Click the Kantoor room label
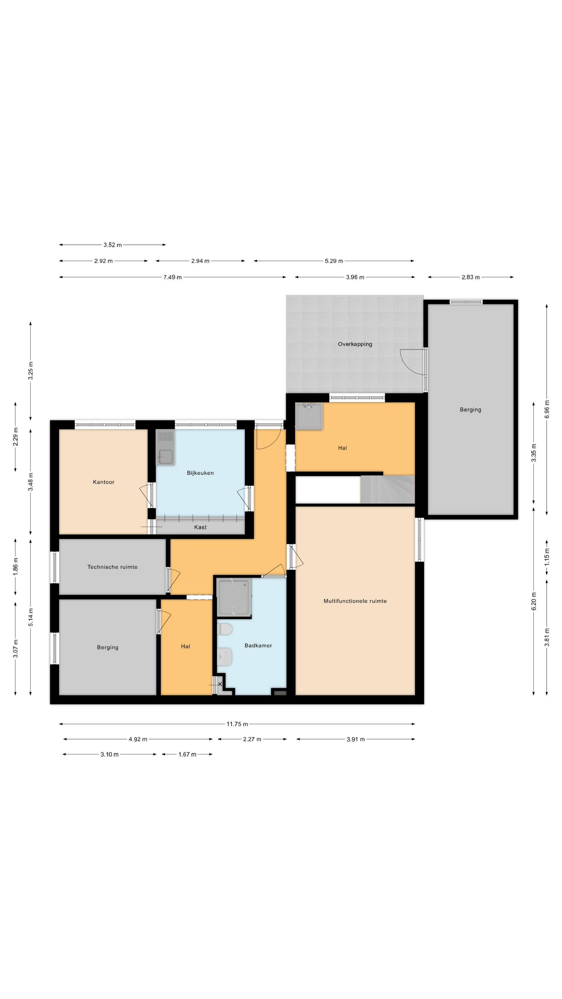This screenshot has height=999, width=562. coord(104,482)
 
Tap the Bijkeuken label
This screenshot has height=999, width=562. coord(200,473)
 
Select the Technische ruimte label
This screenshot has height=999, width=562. coord(112,567)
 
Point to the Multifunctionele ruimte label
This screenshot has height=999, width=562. coord(355,601)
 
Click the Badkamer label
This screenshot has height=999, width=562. coord(258,645)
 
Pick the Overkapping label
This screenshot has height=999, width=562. coord(355,344)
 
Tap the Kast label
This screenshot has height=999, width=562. coord(200,527)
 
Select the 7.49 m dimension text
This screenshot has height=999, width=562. coord(173,277)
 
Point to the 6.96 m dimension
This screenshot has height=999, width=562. coord(547,409)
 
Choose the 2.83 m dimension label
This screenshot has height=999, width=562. coord(470,277)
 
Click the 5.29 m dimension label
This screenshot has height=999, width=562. coord(334,261)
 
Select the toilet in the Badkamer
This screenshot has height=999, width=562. coord(225,629)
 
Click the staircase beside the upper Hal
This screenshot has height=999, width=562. coord(388,489)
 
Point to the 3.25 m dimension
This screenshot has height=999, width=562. coord(31,371)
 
